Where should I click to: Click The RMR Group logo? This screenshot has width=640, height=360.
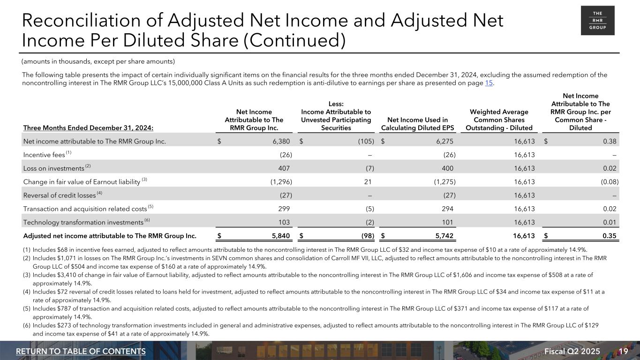(597, 21)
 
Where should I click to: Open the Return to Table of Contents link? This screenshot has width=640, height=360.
(81, 352)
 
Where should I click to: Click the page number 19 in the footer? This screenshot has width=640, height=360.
(623, 352)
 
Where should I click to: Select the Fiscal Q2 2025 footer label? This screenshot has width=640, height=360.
(579, 352)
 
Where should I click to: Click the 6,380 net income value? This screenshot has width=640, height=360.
(281, 141)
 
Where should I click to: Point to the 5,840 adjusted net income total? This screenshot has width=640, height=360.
(280, 236)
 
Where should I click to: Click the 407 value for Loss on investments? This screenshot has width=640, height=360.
(284, 168)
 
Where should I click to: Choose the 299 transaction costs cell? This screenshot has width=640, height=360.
(284, 209)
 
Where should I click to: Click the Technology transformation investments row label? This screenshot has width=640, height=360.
(83, 223)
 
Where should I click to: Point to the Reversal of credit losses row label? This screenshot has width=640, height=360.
(59, 195)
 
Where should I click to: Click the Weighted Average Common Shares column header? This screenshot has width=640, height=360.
(498, 120)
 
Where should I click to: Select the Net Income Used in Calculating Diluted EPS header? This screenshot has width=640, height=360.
(414, 124)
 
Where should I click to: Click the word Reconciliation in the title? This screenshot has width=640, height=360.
(73, 21)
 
